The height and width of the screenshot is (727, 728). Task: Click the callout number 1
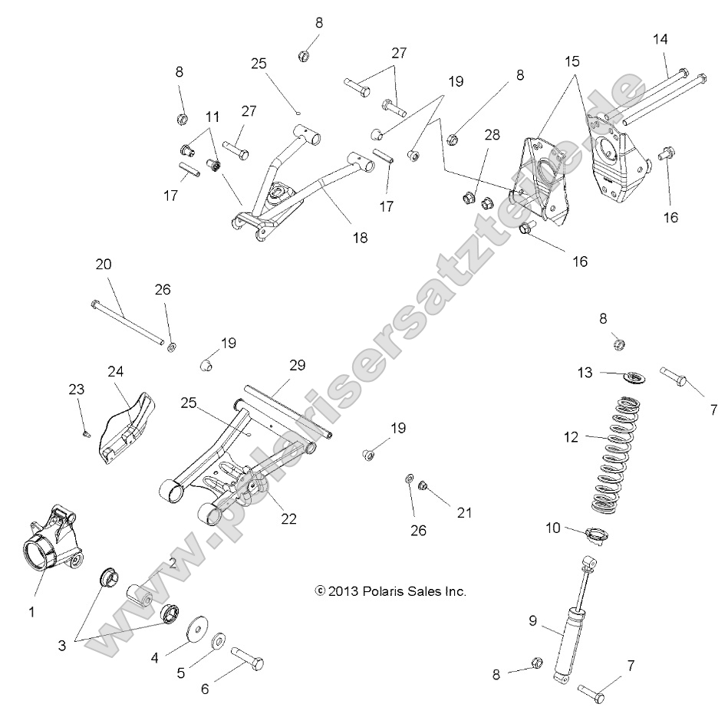(31, 612)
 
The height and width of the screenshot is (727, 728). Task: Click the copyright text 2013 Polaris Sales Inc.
(390, 591)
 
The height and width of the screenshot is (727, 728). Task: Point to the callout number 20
(103, 265)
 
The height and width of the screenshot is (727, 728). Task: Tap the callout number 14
(661, 38)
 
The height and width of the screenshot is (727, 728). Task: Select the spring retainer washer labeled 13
(632, 377)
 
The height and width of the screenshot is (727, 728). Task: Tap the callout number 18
(359, 238)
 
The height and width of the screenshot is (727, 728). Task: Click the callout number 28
(491, 134)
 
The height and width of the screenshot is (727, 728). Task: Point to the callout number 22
(288, 518)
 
